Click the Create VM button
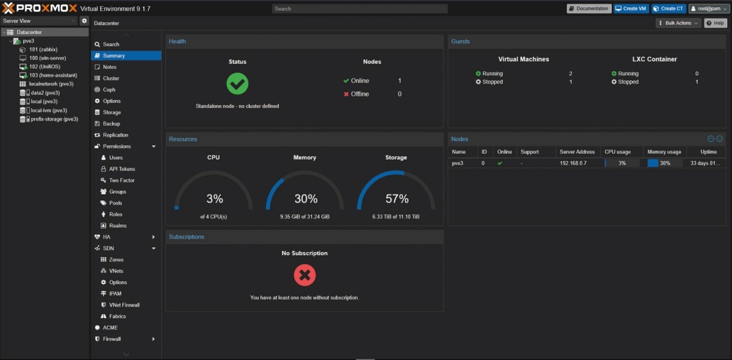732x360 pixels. [631, 9]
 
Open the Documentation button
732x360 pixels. [589, 9]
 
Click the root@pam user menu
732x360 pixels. [708, 9]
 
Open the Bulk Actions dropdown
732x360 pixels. [678, 23]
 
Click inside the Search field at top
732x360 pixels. [359, 9]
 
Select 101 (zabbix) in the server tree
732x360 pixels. [43, 49]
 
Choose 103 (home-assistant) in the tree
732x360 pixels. [53, 75]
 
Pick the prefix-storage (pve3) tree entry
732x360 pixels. [54, 119]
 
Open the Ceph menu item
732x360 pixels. [109, 90]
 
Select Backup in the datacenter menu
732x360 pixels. [111, 124]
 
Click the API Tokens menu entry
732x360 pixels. [121, 169]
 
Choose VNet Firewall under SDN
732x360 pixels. [124, 304]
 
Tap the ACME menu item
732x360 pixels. [110, 327]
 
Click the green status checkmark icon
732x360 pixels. [237, 84]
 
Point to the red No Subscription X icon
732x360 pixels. [304, 275]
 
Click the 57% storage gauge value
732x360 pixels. [396, 198]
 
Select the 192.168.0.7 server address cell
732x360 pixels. [573, 163]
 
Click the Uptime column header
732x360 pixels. [708, 152]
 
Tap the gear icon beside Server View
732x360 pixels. [84, 21]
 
